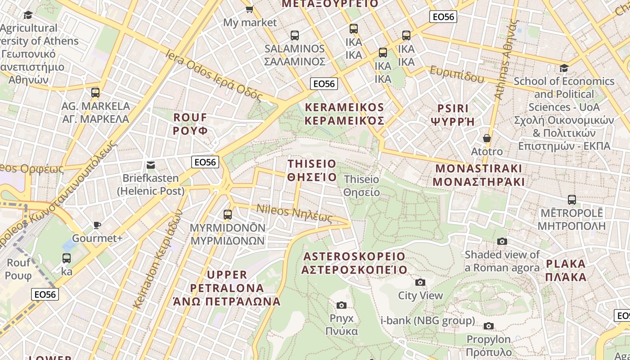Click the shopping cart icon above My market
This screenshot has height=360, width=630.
[249, 9]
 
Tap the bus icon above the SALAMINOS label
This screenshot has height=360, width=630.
[295, 35]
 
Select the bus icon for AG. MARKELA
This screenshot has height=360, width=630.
[95, 93]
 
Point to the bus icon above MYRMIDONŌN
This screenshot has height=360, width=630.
[228, 214]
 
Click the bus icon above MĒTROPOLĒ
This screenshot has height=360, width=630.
[571, 199]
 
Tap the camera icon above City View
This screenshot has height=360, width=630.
[420, 282]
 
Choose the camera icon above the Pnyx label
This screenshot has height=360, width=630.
[342, 305]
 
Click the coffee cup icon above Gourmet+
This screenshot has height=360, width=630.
[97, 225]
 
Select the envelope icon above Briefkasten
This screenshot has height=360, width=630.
[151, 165]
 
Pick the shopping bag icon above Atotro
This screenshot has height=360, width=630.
[486, 138]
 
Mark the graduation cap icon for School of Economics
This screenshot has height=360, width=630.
[564, 68]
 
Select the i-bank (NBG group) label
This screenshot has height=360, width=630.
[427, 320]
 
